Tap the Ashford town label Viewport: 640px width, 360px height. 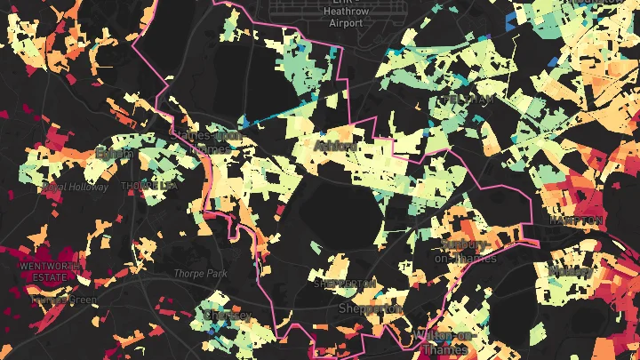point(336,146)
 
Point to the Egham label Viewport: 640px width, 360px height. point(114,154)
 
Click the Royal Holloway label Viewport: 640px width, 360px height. point(75,188)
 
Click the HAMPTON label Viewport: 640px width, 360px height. point(576,220)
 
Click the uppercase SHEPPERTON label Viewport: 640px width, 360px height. point(345,284)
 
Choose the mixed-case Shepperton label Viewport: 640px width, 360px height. point(370,308)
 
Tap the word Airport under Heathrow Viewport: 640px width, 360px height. point(346,23)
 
